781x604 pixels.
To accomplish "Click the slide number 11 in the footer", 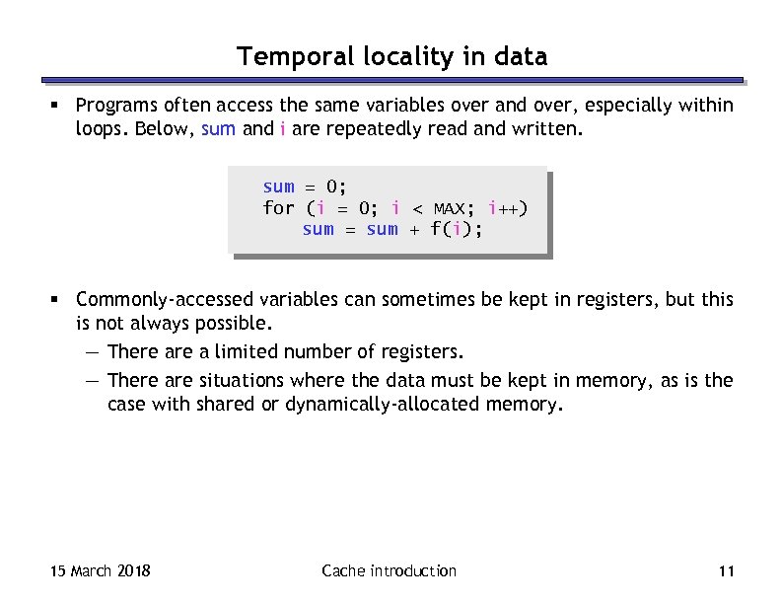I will point(729,571).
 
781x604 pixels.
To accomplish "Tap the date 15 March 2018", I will point(100,571).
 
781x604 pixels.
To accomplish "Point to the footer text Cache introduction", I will point(390,571).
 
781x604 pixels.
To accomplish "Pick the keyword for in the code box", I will point(279,208).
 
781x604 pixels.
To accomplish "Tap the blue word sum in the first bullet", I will point(218,129).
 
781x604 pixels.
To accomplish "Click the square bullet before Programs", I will point(61,106).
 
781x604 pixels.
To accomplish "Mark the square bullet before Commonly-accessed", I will point(61,300).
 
